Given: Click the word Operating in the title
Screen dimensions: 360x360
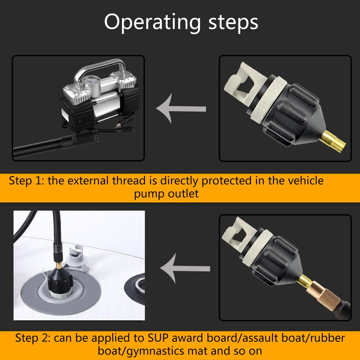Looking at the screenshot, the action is point(153,22).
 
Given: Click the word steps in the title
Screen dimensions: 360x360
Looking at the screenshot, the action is point(233,22).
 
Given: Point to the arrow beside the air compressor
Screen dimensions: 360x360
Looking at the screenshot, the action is point(181,109).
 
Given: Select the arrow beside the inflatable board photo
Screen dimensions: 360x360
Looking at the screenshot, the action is point(185,268).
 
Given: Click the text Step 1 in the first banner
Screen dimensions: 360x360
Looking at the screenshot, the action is point(26,181).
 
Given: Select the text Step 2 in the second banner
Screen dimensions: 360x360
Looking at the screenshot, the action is point(33,338).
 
